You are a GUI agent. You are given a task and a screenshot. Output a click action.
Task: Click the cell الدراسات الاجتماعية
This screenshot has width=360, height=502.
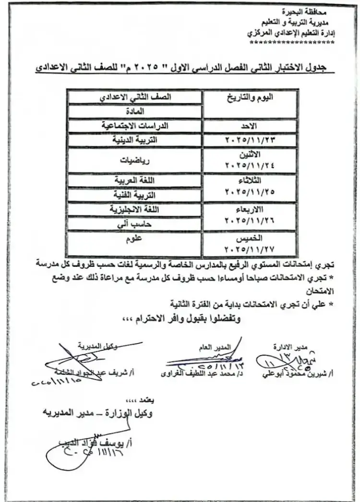click(x=135, y=126)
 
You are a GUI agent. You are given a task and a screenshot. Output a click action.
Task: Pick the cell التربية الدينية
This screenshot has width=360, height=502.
click(x=135, y=141)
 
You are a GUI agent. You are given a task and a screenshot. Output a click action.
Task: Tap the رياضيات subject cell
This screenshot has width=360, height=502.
click(x=135, y=162)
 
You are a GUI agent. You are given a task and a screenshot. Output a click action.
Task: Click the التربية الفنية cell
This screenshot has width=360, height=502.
click(x=135, y=196)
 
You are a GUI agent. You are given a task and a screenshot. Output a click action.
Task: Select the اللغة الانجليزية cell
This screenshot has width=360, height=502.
click(x=135, y=210)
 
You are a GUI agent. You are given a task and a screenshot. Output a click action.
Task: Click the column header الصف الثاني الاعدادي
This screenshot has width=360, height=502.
click(x=135, y=96)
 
